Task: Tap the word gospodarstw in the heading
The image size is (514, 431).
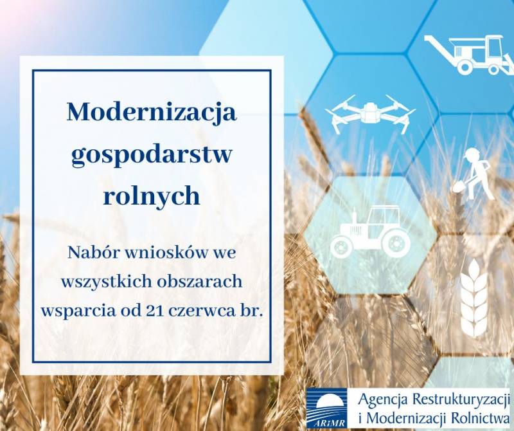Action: point(152,155)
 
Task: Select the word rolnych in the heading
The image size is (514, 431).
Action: point(152,196)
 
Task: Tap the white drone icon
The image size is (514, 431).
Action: point(371,114)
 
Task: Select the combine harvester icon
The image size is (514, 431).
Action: point(469,54)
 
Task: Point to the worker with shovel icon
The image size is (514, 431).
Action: point(474,174)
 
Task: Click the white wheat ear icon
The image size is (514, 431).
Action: point(474,298)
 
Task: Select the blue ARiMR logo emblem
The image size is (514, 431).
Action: point(326,408)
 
